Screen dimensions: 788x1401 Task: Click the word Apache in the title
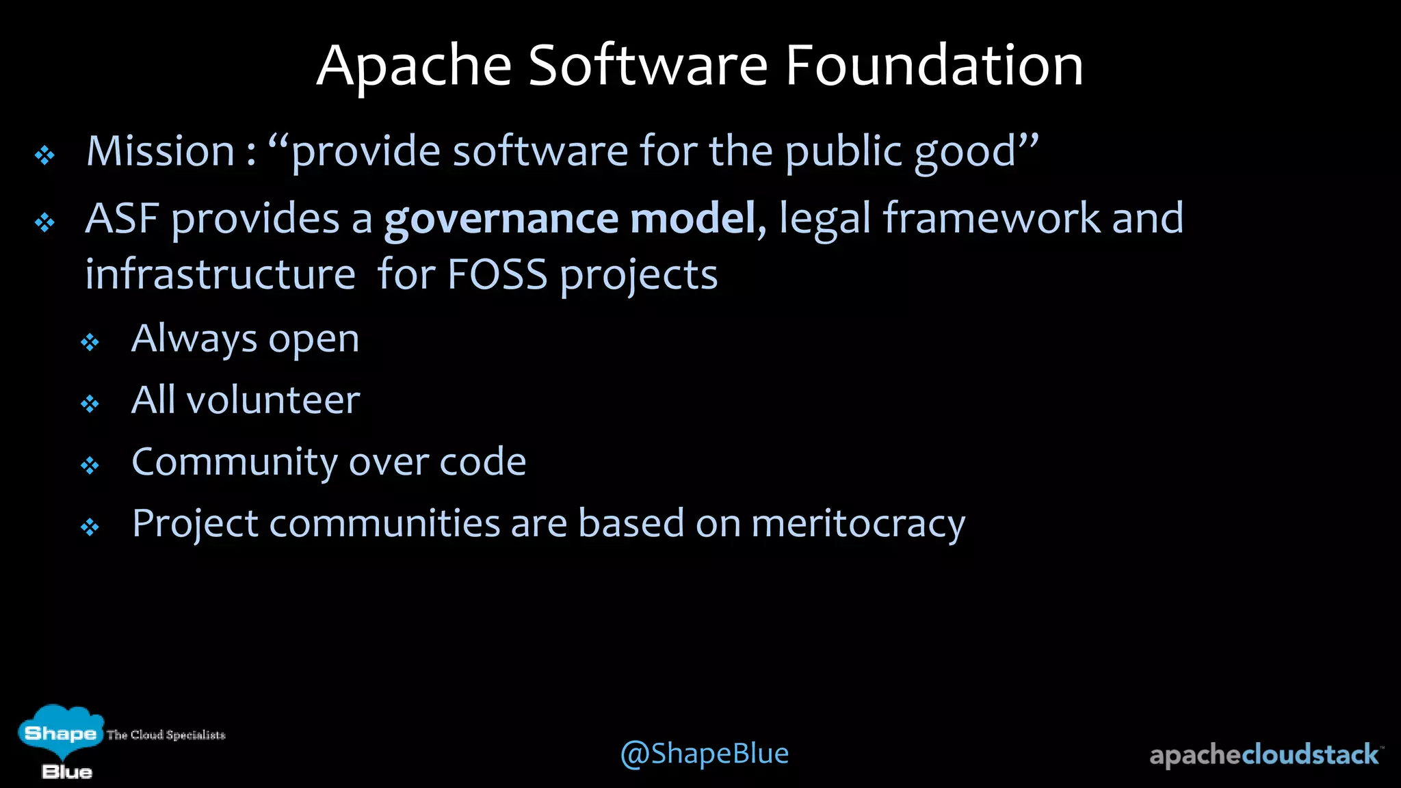[414, 66]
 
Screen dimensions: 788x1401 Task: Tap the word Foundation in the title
[934, 66]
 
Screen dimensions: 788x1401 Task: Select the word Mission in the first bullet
[161, 151]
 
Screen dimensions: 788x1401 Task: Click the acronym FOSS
[497, 275]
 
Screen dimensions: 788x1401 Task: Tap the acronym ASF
[122, 219]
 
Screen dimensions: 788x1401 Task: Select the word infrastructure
[220, 275]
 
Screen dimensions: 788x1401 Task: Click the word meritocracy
[858, 524]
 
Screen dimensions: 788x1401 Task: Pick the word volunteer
[273, 400]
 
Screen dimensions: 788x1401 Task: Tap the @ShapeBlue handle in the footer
[704, 753]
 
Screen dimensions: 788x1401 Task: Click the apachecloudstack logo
[1265, 754]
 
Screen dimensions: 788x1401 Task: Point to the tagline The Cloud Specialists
[166, 735]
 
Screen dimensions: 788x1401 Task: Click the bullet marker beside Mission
[45, 155]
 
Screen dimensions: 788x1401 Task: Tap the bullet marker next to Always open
[90, 342]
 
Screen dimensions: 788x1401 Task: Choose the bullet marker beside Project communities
[90, 527]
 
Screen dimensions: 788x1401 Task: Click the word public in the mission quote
[843, 151]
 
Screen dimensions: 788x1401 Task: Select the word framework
[991, 219]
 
